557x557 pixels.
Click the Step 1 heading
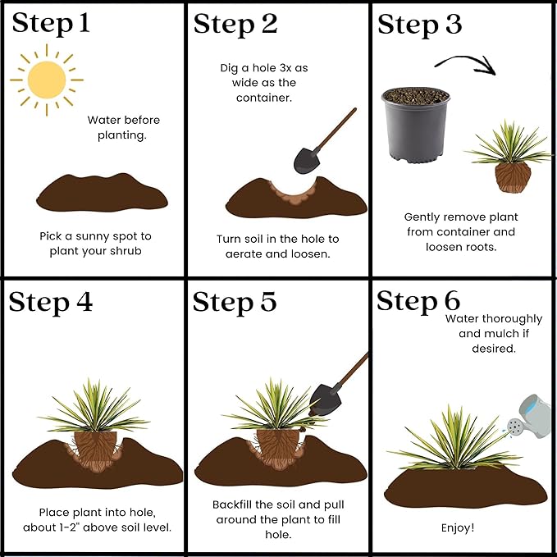tap(51, 24)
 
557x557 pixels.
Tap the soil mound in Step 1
tap(102, 196)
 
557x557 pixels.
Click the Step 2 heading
tap(235, 24)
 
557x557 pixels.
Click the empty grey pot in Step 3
tap(416, 126)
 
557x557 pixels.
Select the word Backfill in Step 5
tap(236, 505)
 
